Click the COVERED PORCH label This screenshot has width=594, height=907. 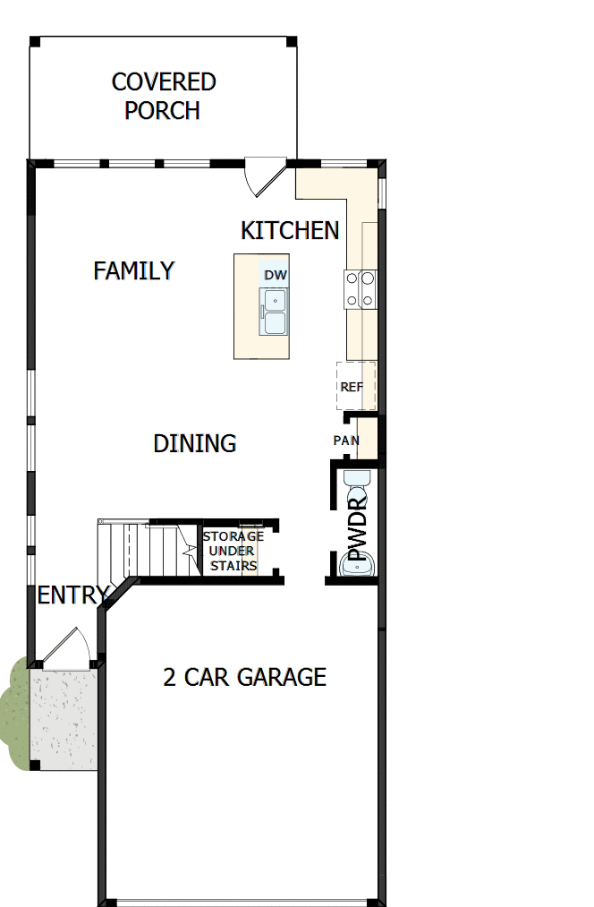pyautogui.click(x=163, y=96)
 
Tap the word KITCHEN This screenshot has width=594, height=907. pyautogui.click(x=290, y=230)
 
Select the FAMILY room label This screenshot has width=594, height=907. pyautogui.click(x=134, y=270)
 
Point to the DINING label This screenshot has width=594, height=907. pyautogui.click(x=195, y=443)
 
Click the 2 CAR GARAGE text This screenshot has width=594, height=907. pyautogui.click(x=244, y=677)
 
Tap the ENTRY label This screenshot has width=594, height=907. pyautogui.click(x=72, y=595)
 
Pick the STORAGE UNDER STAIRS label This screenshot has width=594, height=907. pyautogui.click(x=233, y=551)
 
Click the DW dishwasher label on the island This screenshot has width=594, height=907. pyautogui.click(x=275, y=275)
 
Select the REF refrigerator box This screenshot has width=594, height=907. pyautogui.click(x=355, y=387)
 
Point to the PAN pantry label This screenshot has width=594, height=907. pyautogui.click(x=346, y=441)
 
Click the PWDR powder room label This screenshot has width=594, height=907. pyautogui.click(x=359, y=528)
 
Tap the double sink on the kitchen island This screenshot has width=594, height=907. pyautogui.click(x=274, y=312)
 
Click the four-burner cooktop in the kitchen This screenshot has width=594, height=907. pyautogui.click(x=360, y=289)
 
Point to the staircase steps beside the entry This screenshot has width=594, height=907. pyautogui.click(x=143, y=549)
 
